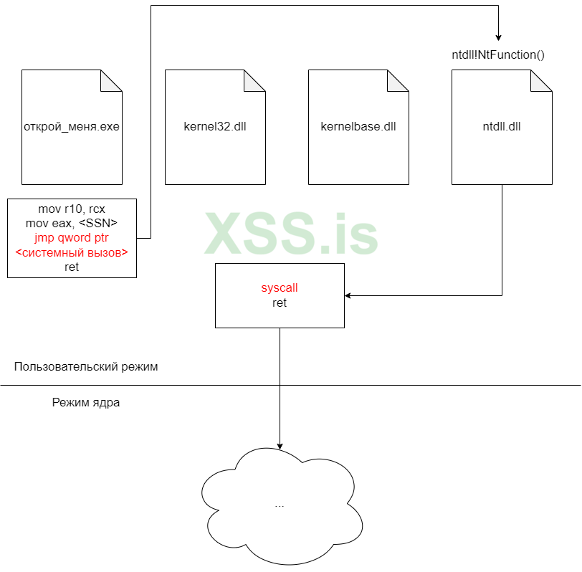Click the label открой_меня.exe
(x=72, y=128)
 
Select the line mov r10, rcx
(x=72, y=209)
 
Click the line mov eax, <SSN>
(x=72, y=224)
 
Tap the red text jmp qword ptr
(x=72, y=238)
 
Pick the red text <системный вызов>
(x=72, y=252)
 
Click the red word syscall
(x=280, y=288)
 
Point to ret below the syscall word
(x=280, y=303)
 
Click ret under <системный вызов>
(x=72, y=267)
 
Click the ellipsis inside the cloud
(x=280, y=505)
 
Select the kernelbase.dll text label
(x=358, y=128)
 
